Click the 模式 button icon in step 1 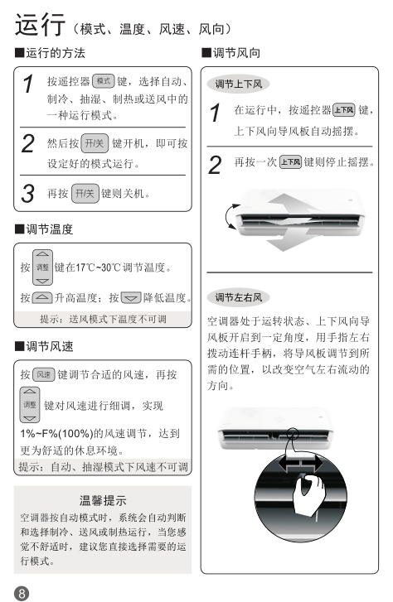click(x=104, y=81)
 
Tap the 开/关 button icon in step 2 click(x=95, y=143)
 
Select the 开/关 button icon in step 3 click(x=85, y=193)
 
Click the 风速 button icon click(x=44, y=374)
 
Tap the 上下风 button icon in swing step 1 click(x=344, y=110)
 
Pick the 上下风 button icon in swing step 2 click(x=291, y=161)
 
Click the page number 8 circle click(x=22, y=594)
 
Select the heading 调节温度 click(x=44, y=229)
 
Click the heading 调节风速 click(x=44, y=346)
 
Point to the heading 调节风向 click(x=231, y=53)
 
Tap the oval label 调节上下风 click(x=239, y=84)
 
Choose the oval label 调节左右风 click(x=239, y=297)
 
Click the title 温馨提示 click(x=103, y=500)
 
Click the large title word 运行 click(x=40, y=25)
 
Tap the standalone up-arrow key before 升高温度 click(x=42, y=297)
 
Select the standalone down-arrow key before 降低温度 click(x=131, y=297)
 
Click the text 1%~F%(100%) click(x=56, y=433)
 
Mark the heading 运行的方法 click(x=50, y=53)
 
